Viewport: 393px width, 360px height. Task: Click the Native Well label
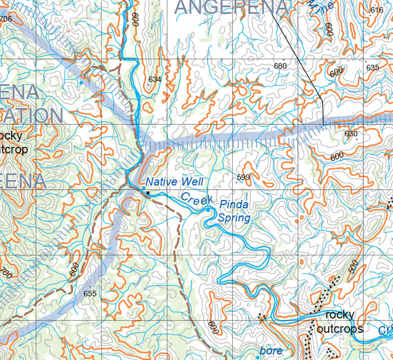[x=174, y=182]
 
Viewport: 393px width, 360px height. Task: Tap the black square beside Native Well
[x=148, y=193]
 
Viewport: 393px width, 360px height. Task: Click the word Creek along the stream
[x=196, y=200]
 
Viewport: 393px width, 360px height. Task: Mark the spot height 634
[x=154, y=79]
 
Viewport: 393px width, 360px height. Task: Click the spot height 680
[x=280, y=66]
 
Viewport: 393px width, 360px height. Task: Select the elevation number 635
[x=372, y=67]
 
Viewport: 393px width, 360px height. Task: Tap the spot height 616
[x=377, y=10]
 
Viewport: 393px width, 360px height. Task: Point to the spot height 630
[x=351, y=134]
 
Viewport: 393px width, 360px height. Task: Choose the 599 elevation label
[x=243, y=177]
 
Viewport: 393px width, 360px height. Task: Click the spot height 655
[x=90, y=293]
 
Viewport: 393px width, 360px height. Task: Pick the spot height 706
[x=6, y=19]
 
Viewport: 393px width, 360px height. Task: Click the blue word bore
[x=271, y=350]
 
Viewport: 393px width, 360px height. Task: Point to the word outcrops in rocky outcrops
[x=340, y=328]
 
